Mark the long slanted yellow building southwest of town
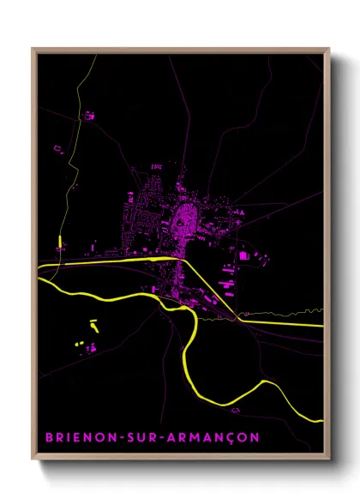click(x=94, y=326)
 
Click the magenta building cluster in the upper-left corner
click(x=87, y=114)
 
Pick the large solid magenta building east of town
click(x=243, y=255)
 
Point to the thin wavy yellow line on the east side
click(x=283, y=313)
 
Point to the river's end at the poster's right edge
click(x=321, y=420)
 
